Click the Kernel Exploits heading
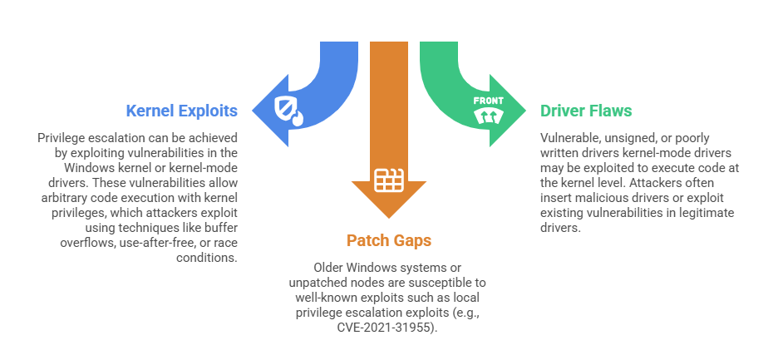tap(181, 111)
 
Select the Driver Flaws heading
tap(586, 111)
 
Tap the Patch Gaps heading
tap(389, 241)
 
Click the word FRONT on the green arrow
tap(488, 101)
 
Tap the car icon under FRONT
tap(488, 116)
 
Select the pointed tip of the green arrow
tap(524, 108)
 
